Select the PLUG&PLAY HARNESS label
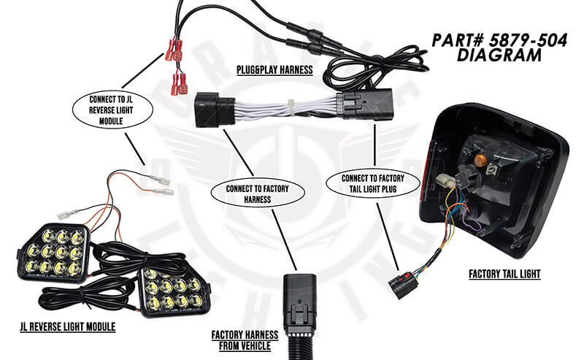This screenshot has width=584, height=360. (274, 70)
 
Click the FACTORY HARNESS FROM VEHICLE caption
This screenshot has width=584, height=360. (245, 340)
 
